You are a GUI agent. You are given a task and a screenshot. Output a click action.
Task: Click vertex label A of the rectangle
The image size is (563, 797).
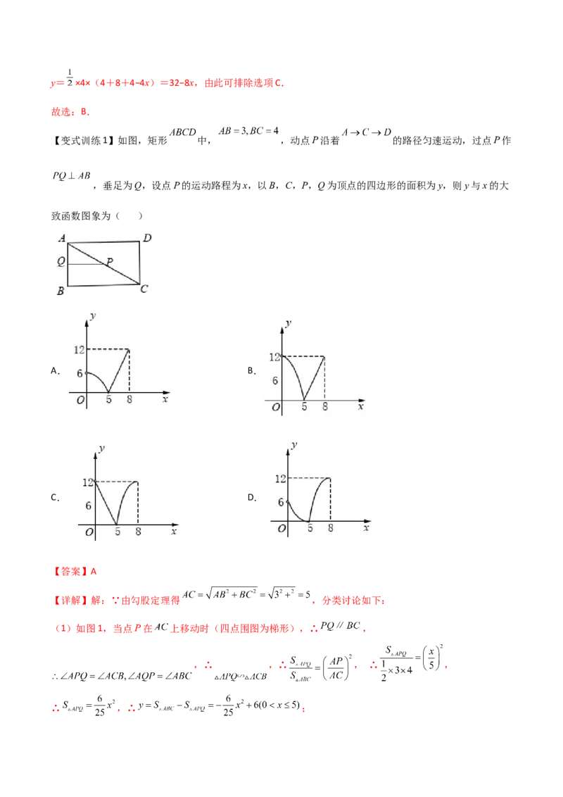click(x=62, y=239)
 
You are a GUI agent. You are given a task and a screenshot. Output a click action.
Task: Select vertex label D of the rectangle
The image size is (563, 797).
click(x=147, y=239)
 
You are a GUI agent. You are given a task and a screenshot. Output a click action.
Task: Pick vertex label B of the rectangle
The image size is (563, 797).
click(x=62, y=291)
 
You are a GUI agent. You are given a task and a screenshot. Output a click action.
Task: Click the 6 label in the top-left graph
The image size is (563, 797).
click(x=80, y=373)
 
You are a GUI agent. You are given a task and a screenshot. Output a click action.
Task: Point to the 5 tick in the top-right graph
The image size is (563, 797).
click(x=304, y=407)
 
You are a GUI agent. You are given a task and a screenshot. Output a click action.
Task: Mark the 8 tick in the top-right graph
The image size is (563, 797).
click(x=324, y=407)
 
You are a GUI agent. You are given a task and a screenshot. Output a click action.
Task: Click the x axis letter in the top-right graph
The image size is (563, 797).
click(x=361, y=407)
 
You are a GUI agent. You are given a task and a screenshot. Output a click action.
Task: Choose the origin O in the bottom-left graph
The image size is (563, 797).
click(x=89, y=532)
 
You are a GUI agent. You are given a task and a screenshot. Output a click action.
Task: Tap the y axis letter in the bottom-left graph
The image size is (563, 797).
click(x=103, y=448)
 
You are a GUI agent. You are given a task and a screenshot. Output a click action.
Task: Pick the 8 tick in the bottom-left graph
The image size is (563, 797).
click(x=138, y=532)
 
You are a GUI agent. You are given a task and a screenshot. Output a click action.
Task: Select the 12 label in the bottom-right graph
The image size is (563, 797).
click(x=279, y=479)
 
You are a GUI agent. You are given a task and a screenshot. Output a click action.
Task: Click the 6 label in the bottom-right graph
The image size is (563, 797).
click(x=281, y=502)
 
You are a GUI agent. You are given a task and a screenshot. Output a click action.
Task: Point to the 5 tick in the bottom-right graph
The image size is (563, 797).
click(x=310, y=529)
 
